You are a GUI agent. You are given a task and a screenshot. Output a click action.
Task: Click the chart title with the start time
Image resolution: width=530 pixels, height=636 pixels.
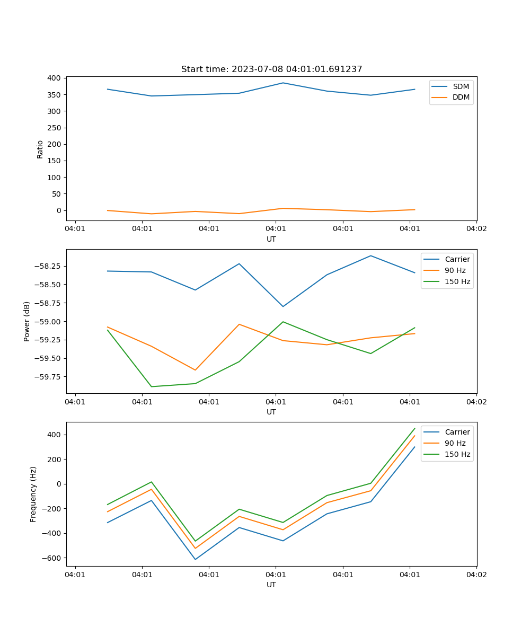point(271,69)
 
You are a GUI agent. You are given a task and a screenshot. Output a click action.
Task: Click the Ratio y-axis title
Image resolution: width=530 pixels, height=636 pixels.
point(40,149)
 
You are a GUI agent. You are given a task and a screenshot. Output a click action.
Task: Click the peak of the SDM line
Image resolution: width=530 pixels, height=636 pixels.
point(283,83)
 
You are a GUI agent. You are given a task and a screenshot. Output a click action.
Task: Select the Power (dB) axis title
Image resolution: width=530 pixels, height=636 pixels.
point(27,321)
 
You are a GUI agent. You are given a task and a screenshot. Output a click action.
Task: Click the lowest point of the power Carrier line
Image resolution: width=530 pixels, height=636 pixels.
point(283,306)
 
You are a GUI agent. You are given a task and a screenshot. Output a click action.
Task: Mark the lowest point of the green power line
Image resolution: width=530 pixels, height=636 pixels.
point(152,386)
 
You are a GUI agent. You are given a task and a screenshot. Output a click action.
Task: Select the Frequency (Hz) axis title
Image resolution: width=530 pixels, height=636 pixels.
point(33,494)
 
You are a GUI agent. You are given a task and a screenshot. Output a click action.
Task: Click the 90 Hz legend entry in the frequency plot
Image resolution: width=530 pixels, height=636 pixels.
point(455,443)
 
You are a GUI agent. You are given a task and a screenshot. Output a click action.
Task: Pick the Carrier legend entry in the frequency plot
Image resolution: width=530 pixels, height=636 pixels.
point(457,432)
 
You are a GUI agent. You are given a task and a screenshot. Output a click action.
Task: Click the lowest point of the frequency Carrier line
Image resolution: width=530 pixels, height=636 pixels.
point(195,559)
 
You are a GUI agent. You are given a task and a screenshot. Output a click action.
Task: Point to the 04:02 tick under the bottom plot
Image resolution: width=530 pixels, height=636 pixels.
point(476,575)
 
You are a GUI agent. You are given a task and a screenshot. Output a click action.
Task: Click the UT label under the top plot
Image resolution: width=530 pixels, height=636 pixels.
point(271,239)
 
